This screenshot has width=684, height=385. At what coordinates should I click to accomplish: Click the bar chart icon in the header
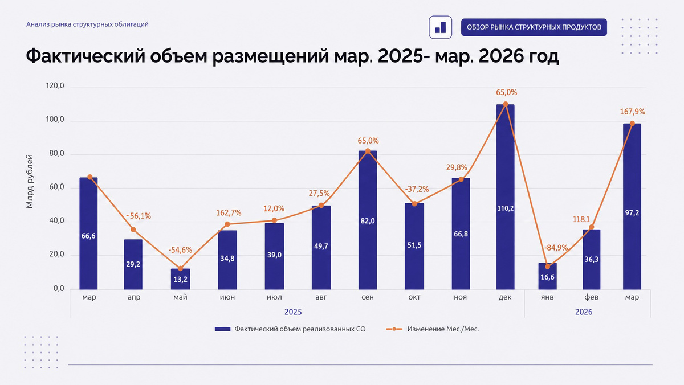point(440,27)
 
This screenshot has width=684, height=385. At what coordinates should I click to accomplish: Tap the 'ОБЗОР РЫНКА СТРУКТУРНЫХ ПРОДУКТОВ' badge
point(534,27)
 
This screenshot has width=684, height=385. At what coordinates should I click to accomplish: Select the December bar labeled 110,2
point(506,196)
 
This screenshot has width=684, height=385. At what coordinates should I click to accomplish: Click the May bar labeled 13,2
point(180,279)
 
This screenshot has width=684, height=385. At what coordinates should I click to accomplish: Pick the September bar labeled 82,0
point(368,220)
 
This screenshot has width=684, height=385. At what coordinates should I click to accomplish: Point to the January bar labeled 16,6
point(548,276)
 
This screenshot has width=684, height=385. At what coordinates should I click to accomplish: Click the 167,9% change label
point(632,112)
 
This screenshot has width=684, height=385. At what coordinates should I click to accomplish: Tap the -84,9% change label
point(556,248)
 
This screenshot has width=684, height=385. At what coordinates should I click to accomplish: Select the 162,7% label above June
point(229,212)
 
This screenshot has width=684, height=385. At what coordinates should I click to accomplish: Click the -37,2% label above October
point(417,189)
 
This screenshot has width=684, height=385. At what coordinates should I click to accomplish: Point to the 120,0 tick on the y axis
point(55,86)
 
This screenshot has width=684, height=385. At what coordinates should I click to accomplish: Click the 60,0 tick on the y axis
point(57,187)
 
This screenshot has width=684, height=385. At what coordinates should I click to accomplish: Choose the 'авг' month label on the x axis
point(321,297)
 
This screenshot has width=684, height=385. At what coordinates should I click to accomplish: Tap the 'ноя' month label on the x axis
point(460,297)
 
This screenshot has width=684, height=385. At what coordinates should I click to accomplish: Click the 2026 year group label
point(584,312)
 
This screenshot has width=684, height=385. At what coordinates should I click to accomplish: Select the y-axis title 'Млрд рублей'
point(29,182)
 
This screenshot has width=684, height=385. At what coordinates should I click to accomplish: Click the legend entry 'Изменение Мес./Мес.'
point(433,329)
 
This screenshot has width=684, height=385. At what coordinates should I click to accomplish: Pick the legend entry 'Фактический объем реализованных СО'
point(290,329)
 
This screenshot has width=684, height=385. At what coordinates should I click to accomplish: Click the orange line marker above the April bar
point(133,230)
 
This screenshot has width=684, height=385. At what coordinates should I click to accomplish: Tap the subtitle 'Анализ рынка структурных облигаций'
point(87,24)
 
